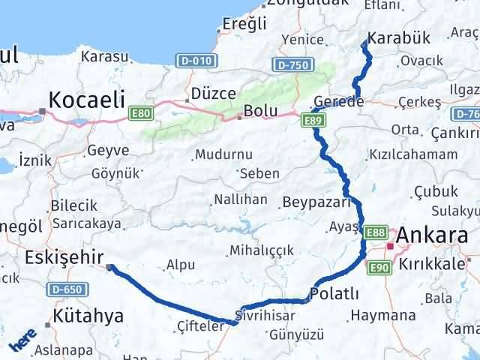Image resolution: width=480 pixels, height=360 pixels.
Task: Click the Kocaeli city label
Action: [87, 99]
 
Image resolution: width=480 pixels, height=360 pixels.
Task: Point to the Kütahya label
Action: [88, 316]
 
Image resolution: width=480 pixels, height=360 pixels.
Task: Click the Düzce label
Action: [214, 94]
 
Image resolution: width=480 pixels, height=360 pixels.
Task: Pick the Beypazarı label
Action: [316, 202]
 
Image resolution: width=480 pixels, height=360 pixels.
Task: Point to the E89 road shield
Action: [313, 119]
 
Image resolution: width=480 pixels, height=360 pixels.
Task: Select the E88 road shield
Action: [377, 233]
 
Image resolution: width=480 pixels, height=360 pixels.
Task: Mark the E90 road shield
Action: [377, 266]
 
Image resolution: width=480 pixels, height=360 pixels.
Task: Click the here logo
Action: [22, 341]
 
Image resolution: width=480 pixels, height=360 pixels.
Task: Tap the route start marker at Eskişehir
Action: [110, 266]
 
